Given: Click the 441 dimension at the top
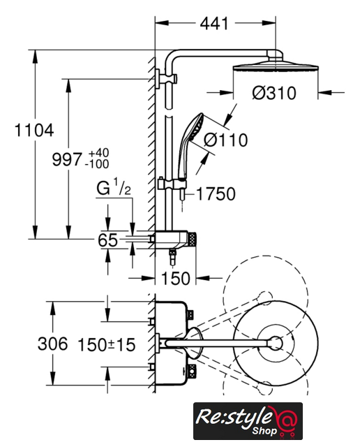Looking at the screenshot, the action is (x=214, y=23).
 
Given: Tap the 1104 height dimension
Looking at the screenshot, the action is (x=34, y=131).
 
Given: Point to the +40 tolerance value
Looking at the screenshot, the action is (x=98, y=153).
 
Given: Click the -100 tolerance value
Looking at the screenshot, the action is (x=97, y=164).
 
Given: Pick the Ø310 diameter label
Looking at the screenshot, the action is (x=274, y=93).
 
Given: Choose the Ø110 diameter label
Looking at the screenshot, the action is (x=226, y=140).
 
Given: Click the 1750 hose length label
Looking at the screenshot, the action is (x=216, y=194).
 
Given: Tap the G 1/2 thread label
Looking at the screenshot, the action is (x=113, y=187).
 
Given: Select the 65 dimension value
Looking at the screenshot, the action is (x=107, y=240).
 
